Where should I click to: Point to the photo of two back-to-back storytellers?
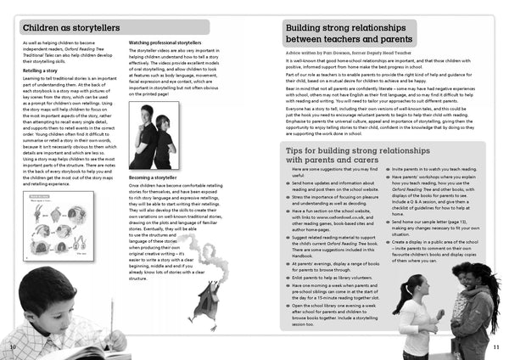154,136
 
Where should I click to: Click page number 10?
12,347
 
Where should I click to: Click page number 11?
497,347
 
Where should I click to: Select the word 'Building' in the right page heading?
311,26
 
